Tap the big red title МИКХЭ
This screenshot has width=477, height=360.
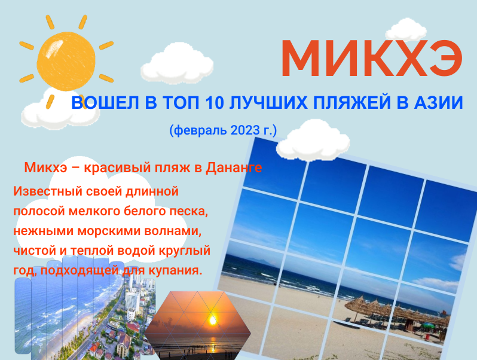(x=372, y=59)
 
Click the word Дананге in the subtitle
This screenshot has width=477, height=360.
(x=234, y=168)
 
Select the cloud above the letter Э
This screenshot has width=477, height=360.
(x=410, y=29)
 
